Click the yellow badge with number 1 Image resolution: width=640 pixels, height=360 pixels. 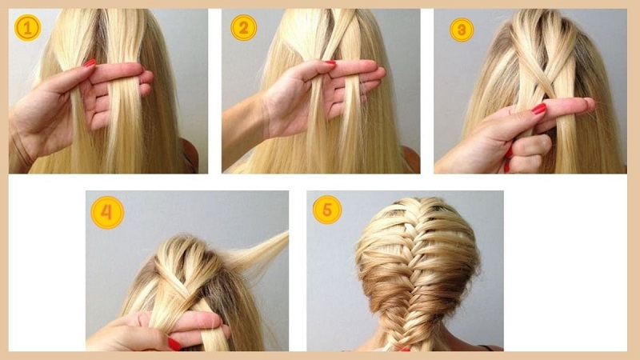coord(27,28)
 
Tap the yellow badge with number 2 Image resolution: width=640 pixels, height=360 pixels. coord(244,28)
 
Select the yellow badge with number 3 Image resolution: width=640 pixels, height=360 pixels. coord(462,30)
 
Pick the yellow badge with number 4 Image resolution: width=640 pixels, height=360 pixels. coord(107,213)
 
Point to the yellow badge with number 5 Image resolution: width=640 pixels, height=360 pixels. coord(327,210)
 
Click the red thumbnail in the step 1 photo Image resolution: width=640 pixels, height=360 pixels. coord(90,63)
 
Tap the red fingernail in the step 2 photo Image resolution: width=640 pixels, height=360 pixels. coord(330,63)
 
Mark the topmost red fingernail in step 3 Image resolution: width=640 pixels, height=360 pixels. coord(538,109)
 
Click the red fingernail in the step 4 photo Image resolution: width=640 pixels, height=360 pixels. coord(174,344)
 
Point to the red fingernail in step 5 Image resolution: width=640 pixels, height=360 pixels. coord(405,350)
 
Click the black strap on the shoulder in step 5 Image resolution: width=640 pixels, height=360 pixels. coord(486,348)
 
